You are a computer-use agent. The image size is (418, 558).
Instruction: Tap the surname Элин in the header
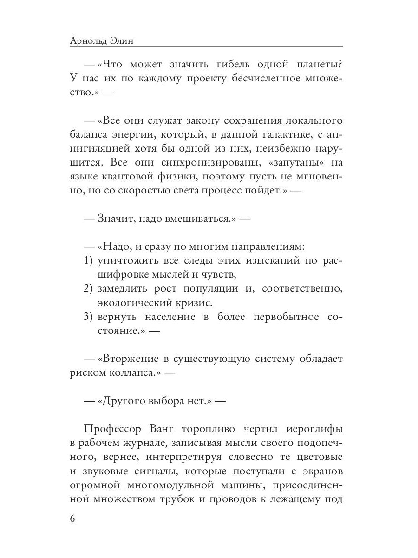click(128, 40)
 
